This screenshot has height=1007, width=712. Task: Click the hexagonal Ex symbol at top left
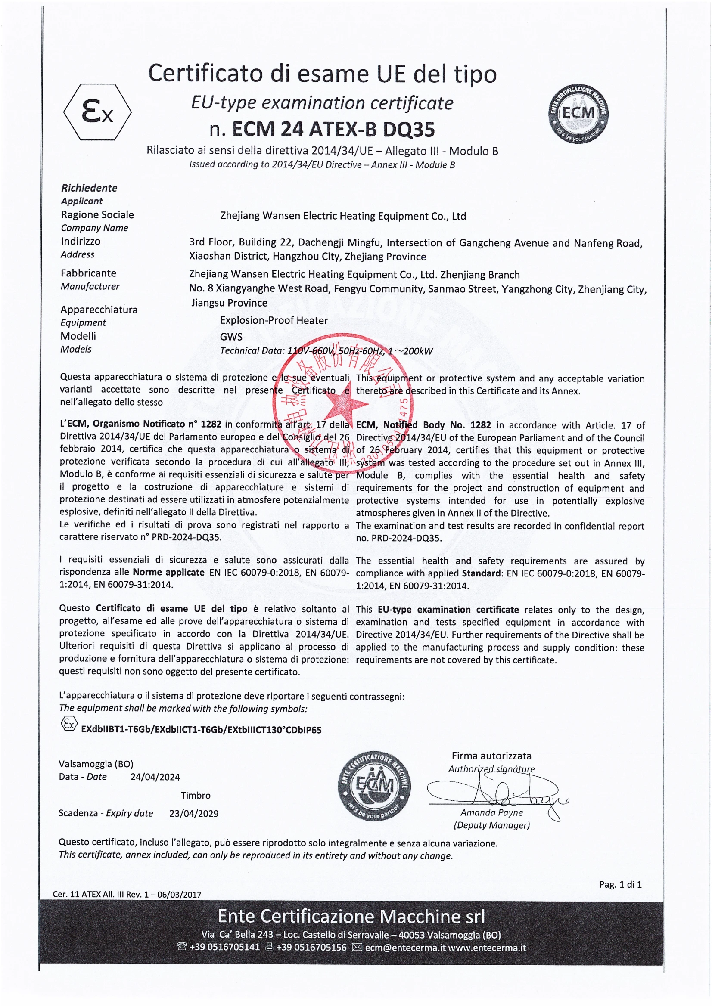[97, 112]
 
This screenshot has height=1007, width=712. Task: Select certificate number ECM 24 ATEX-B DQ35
[333, 130]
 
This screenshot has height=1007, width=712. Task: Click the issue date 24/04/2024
[155, 777]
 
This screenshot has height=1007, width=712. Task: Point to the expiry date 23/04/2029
[194, 813]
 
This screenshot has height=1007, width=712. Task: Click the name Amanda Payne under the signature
[491, 812]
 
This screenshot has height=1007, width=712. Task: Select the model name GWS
[231, 336]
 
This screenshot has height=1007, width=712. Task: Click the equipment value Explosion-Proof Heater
[274, 320]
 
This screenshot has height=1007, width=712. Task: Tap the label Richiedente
[89, 188]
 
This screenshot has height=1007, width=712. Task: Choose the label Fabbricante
[89, 273]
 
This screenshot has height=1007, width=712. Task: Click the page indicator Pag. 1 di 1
[620, 884]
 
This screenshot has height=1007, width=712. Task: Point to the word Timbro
[196, 795]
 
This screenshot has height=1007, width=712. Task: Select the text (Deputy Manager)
[491, 825]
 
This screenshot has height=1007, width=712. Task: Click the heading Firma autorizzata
[491, 756]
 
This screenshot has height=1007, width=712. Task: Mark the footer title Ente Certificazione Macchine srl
[351, 916]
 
